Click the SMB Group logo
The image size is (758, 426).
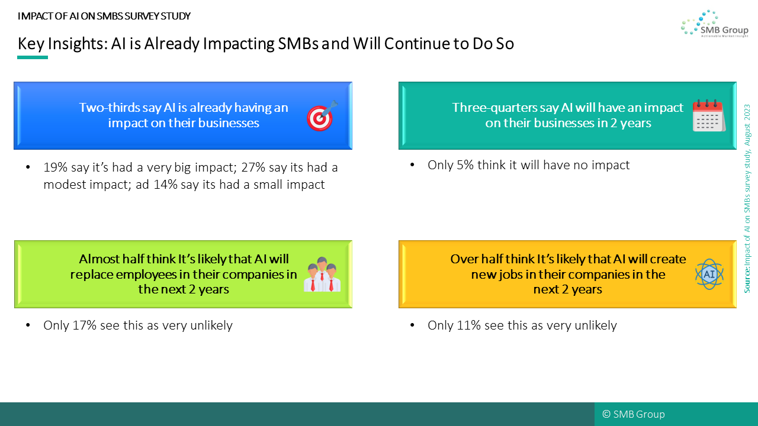coord(714,23)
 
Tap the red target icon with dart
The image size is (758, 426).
coord(322,115)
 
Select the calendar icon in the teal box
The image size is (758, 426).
coord(709,115)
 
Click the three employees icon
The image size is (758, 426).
coord(322,274)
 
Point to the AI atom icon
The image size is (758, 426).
coord(709,274)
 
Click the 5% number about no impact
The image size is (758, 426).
coord(465,165)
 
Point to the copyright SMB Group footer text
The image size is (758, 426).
coord(634,414)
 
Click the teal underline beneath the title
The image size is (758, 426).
coord(33,57)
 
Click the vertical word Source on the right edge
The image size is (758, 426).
coord(747,280)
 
